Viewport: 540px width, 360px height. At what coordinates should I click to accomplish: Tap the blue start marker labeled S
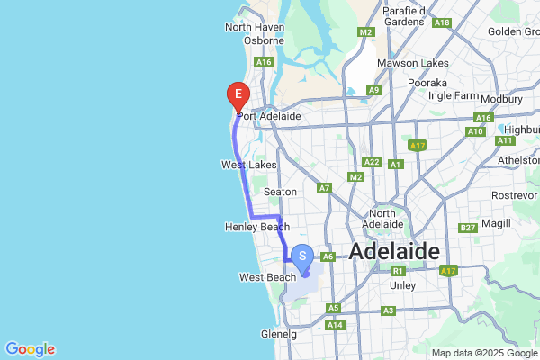(x=303, y=256)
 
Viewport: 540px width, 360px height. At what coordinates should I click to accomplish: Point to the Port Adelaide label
(x=268, y=116)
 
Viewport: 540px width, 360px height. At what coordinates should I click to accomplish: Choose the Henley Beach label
(x=256, y=227)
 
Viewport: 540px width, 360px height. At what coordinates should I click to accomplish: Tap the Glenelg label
(x=279, y=333)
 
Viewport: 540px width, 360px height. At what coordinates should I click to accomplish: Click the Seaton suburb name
(x=280, y=192)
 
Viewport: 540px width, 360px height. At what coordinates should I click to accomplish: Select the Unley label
(x=401, y=285)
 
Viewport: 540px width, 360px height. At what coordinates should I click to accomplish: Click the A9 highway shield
(x=373, y=90)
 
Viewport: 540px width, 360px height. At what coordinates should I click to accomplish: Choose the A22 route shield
(x=370, y=161)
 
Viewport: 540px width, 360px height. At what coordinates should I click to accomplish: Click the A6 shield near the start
(x=328, y=256)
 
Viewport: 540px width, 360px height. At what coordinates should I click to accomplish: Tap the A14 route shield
(x=335, y=324)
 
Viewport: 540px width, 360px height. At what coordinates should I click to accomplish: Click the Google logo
(x=30, y=349)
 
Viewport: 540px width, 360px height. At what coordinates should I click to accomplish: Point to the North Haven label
(x=255, y=27)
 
